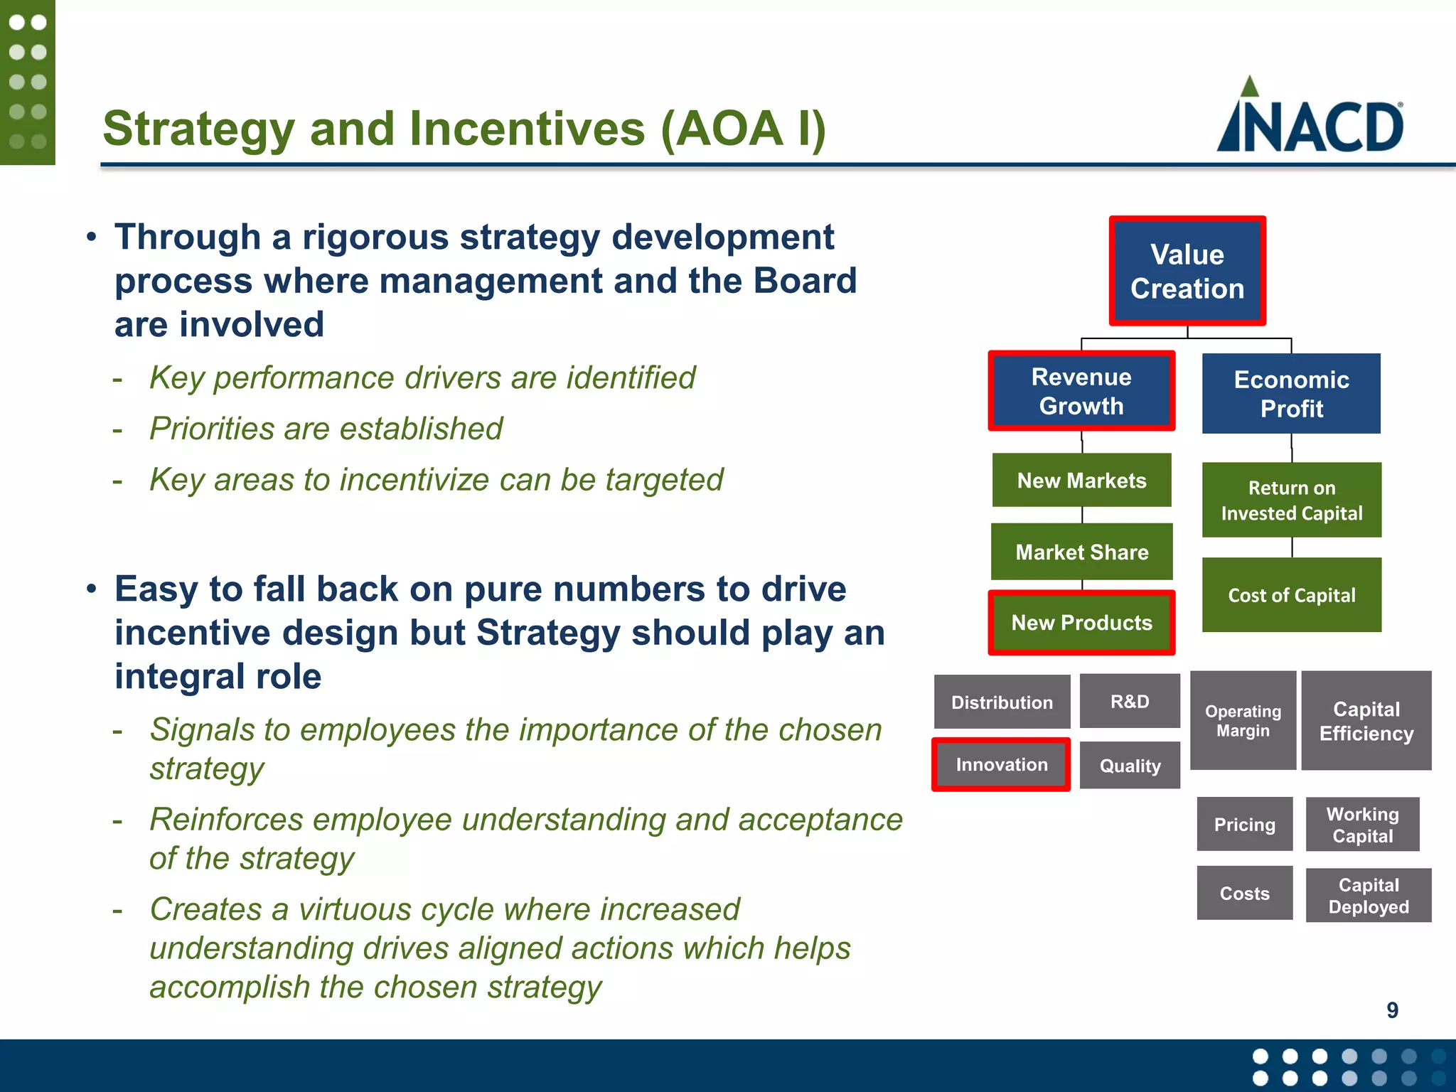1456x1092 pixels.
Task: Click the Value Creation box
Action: point(1187,271)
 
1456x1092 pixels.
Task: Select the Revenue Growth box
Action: point(1081,391)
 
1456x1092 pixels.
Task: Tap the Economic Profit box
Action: point(1291,394)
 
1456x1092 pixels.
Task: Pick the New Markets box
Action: point(1081,480)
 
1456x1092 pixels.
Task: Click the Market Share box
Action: point(1081,552)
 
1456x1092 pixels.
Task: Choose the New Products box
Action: point(1081,622)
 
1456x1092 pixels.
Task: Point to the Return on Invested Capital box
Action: point(1291,500)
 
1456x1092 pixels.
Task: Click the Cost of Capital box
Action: point(1291,595)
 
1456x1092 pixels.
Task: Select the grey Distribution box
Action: point(1002,702)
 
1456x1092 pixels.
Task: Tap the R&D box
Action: point(1130,701)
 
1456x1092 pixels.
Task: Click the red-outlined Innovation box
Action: point(1001,764)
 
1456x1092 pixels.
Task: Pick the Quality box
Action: point(1130,765)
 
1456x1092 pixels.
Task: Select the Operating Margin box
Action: point(1243,720)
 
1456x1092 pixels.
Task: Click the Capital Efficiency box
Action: point(1366,720)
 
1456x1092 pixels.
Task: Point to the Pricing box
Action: point(1244,824)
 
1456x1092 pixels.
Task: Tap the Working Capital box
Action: point(1362,824)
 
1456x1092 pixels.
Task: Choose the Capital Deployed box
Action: point(1368,895)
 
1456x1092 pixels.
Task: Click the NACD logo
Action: point(1310,117)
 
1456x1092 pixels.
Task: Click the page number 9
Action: point(1392,1010)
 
